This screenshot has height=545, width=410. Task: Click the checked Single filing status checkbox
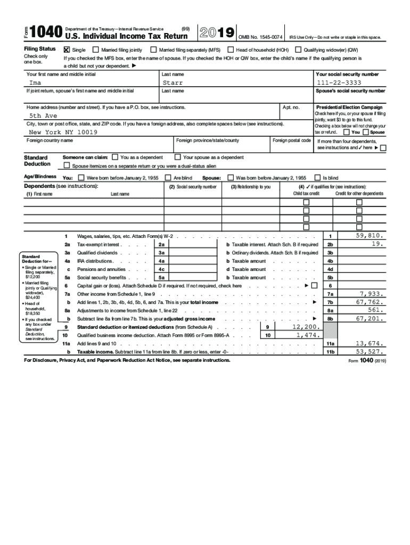click(x=67, y=49)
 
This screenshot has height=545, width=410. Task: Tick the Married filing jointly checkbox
click(x=96, y=49)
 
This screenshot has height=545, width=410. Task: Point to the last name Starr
click(x=173, y=83)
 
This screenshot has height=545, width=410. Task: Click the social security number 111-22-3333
click(x=338, y=83)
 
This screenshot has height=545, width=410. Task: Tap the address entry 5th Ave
click(x=43, y=115)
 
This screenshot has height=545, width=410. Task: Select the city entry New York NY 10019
click(x=63, y=131)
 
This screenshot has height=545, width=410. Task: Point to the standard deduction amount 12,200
click(x=306, y=326)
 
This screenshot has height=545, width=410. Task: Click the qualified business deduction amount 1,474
click(x=307, y=335)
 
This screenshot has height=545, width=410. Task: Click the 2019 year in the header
click(x=216, y=33)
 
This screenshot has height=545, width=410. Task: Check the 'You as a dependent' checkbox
click(x=115, y=157)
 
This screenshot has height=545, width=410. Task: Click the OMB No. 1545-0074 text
click(x=260, y=37)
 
